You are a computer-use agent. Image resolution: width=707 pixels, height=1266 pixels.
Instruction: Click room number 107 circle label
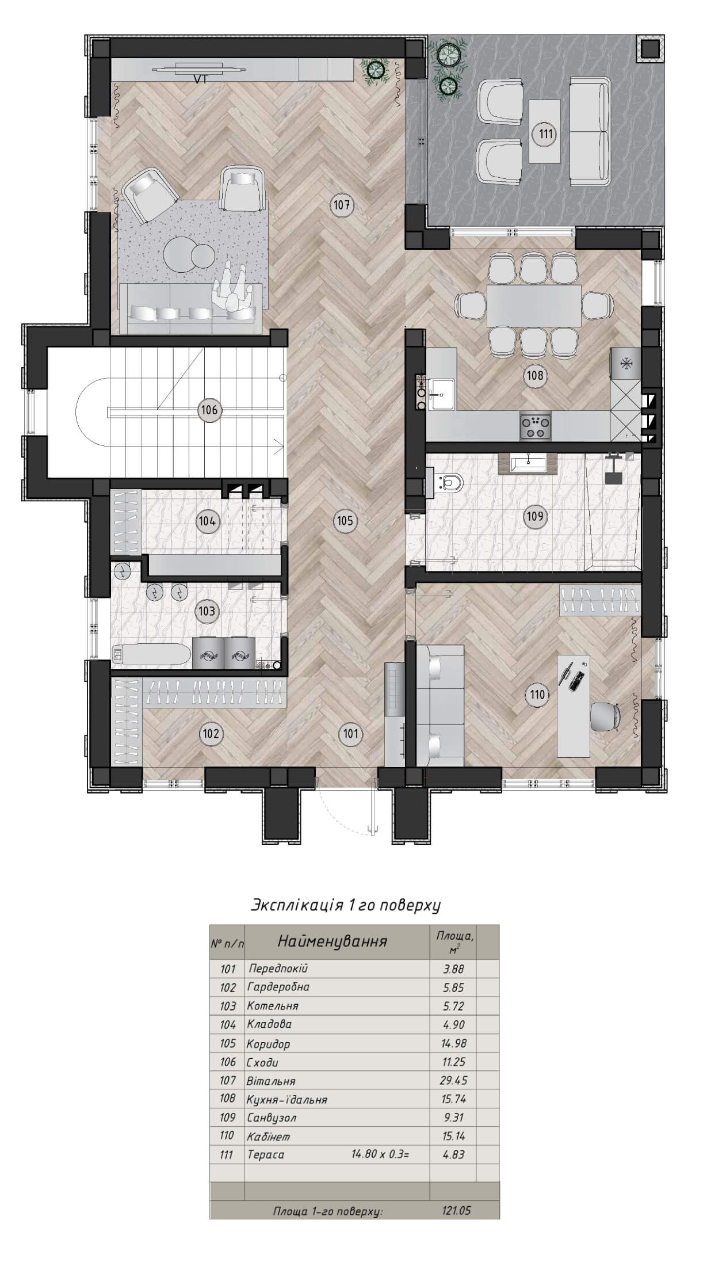tap(341, 205)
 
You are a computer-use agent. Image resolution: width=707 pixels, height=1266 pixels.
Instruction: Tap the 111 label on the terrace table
tap(545, 134)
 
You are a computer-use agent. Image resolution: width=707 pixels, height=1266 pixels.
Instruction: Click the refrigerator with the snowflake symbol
tap(625, 364)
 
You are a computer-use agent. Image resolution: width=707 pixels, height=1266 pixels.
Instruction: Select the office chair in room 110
tap(606, 716)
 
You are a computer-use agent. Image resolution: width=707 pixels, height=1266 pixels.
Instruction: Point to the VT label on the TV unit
tap(200, 80)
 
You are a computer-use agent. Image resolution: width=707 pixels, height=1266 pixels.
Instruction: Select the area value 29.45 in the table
tap(454, 1080)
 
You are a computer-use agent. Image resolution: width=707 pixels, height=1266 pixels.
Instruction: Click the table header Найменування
tap(333, 941)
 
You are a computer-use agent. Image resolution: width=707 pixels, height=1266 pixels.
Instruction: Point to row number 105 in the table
tap(228, 1043)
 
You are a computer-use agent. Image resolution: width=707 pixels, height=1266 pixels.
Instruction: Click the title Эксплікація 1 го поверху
tap(346, 905)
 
